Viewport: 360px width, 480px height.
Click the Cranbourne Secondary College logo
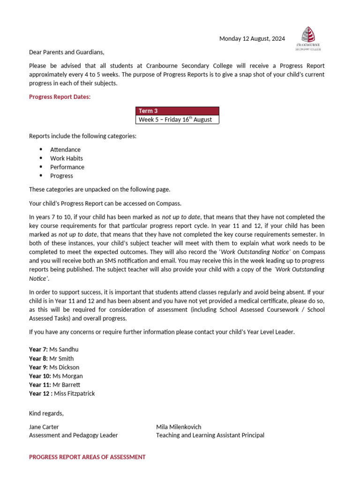pos(308,37)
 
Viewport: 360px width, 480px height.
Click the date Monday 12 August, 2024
pos(252,39)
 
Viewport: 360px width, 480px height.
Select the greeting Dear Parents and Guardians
pos(67,52)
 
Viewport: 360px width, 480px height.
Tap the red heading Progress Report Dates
pos(60,97)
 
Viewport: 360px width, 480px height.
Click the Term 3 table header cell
pos(177,111)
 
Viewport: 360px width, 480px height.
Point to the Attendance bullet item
pos(65,150)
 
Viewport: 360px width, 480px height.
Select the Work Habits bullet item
pos(67,158)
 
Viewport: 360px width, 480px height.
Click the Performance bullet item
pos(67,167)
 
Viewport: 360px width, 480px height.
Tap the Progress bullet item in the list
pos(61,176)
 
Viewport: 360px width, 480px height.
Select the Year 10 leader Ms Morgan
pos(67,376)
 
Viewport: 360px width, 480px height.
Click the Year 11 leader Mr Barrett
pos(65,385)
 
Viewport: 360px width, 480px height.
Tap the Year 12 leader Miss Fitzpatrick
pos(74,394)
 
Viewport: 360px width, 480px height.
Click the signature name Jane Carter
pos(44,427)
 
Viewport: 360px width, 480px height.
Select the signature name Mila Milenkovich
pos(179,427)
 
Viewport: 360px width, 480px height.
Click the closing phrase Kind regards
pos(46,413)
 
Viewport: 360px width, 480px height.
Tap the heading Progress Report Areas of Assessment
pos(87,457)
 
